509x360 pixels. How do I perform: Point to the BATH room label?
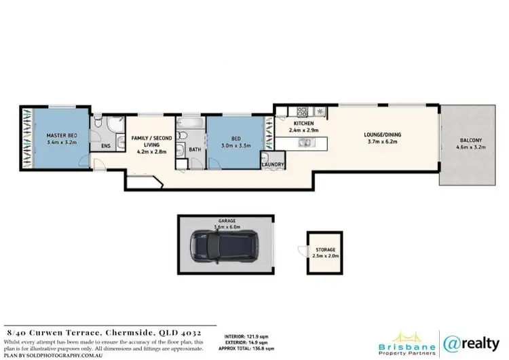194,149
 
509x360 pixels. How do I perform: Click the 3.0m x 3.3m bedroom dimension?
234,145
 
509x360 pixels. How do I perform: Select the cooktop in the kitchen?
301,111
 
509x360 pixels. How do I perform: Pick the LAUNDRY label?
273,164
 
